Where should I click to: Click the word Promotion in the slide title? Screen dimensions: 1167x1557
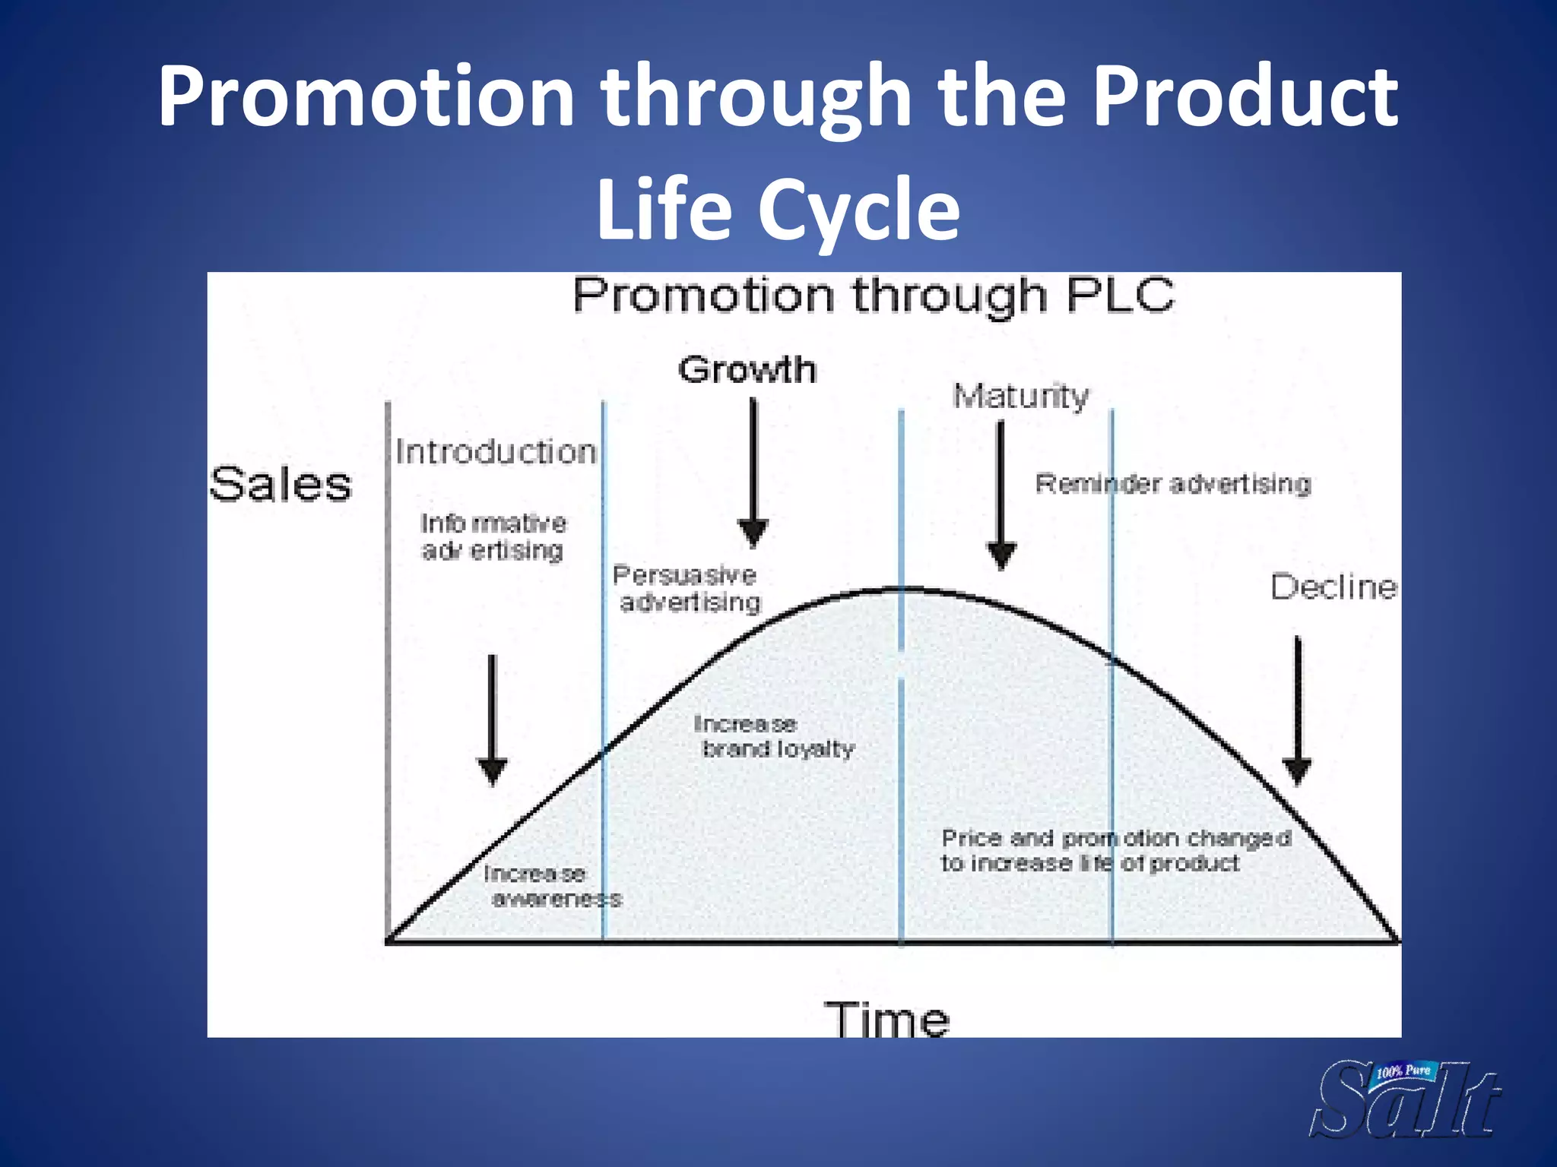click(365, 97)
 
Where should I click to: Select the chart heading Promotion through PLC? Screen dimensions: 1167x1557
click(873, 296)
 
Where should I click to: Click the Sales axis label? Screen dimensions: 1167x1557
click(281, 485)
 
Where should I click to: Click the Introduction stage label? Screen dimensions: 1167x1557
click(496, 452)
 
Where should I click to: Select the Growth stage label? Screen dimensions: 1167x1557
click(747, 370)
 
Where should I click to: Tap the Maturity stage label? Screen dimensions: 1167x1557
click(1020, 396)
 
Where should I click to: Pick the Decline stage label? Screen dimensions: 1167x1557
click(1333, 587)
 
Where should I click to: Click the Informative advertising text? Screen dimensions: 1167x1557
click(493, 536)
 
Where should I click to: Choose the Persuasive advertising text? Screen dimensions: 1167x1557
click(687, 588)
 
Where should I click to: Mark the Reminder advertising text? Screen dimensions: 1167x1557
click(1173, 484)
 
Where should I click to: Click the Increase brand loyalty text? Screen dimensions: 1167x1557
click(774, 736)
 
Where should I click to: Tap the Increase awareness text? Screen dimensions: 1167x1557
click(551, 886)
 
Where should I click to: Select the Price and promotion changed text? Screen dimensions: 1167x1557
click(1115, 850)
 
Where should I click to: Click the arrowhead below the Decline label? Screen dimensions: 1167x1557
click(1297, 770)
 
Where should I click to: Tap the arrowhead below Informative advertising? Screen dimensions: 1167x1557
click(492, 770)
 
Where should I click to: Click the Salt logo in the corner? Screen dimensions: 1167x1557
click(1405, 1099)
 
